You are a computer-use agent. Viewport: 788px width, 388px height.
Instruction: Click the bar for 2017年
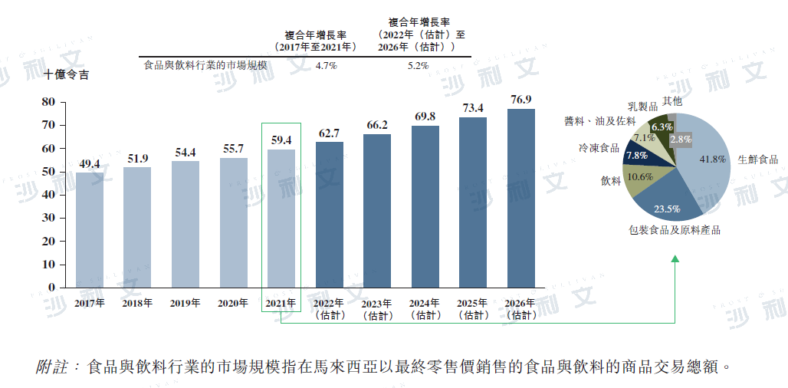pos(90,230)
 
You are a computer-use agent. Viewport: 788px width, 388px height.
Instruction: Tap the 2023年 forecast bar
pos(377,211)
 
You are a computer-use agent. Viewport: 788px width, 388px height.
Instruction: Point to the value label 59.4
pos(281,140)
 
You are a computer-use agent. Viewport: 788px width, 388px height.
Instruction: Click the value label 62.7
pos(329,133)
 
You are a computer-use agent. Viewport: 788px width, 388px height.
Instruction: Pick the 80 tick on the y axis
pos(48,101)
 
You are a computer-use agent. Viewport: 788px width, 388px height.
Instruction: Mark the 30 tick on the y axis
pos(48,218)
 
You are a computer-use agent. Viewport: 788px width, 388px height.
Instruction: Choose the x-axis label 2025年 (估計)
pos(473,309)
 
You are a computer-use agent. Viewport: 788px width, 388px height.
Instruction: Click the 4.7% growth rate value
pos(327,65)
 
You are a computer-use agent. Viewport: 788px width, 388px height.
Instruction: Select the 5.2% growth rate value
pos(418,65)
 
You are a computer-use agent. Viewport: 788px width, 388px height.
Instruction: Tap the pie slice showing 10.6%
pos(641,177)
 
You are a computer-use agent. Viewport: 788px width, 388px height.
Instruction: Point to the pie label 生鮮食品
pos(757,159)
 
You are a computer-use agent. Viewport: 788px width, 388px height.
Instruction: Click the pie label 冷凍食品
pos(599,147)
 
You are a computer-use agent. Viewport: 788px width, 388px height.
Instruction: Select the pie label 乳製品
pos(642,106)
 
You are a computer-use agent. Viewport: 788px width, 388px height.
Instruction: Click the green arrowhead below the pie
pos(675,260)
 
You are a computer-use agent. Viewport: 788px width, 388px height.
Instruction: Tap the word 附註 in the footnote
pos(51,367)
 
